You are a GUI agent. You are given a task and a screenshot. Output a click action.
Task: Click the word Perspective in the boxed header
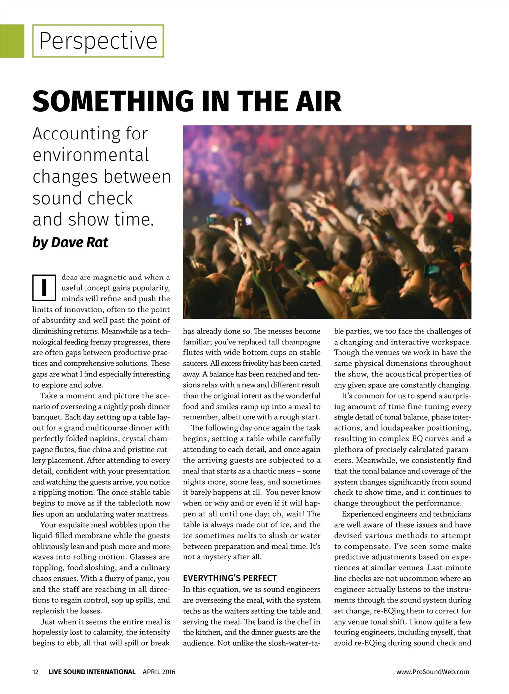(x=98, y=41)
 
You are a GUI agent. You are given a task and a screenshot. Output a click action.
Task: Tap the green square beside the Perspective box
(x=12, y=41)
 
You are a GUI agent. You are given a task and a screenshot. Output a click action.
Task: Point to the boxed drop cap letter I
(x=44, y=288)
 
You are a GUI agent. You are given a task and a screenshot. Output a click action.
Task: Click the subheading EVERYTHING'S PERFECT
(x=230, y=578)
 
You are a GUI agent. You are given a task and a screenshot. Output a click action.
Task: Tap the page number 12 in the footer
(x=35, y=672)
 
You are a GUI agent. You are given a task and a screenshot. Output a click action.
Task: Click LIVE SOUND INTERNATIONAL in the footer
(x=91, y=672)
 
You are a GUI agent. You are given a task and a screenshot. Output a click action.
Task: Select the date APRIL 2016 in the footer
(x=159, y=672)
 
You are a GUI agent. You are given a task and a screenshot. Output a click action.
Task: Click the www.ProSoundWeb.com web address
(x=432, y=672)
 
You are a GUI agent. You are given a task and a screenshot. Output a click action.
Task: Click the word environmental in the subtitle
(x=90, y=155)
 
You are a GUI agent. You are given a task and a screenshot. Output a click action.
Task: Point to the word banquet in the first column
(x=47, y=417)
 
